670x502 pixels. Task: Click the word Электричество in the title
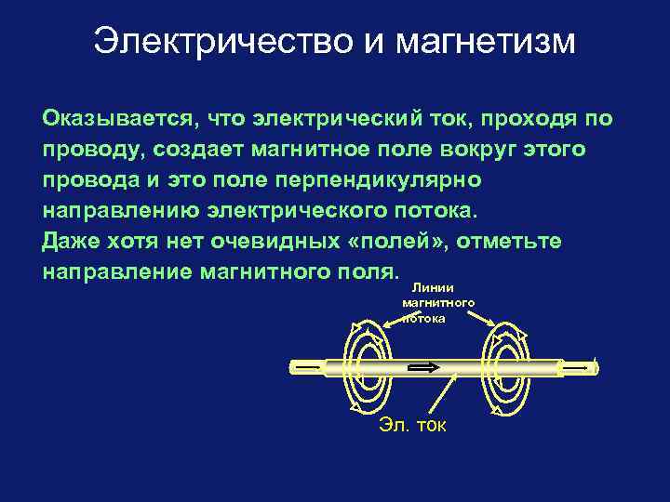223,42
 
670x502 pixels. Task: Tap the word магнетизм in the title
486,42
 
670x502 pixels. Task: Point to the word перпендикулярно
378,180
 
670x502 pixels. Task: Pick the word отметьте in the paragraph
508,242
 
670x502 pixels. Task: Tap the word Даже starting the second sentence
71,242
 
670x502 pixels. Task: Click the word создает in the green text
199,150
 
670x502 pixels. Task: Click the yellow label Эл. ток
412,425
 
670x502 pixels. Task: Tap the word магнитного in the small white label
438,303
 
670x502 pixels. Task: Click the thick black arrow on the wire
423,367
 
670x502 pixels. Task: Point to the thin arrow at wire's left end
308,367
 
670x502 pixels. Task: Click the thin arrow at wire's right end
581,367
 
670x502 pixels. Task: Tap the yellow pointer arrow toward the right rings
482,318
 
